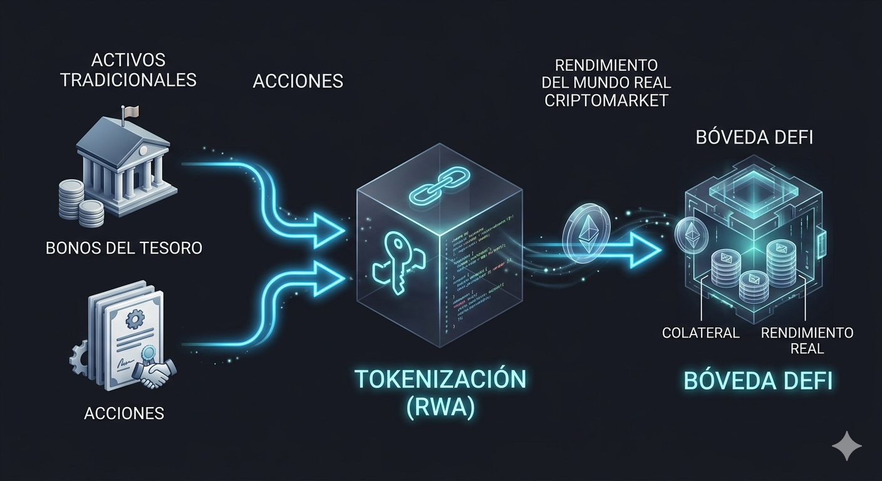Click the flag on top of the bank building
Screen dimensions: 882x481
(132, 111)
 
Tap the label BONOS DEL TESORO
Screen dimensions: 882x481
(124, 248)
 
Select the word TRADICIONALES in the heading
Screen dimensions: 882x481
(128, 80)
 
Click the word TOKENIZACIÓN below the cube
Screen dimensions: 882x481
(440, 379)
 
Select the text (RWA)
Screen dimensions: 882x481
(440, 408)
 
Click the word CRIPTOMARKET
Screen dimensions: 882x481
(606, 100)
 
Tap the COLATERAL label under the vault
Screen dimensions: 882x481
(701, 333)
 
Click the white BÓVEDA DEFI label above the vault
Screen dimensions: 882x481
(754, 137)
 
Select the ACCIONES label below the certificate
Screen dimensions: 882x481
(124, 413)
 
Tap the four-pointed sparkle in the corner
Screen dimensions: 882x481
(846, 445)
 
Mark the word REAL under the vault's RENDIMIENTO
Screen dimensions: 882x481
(807, 349)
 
